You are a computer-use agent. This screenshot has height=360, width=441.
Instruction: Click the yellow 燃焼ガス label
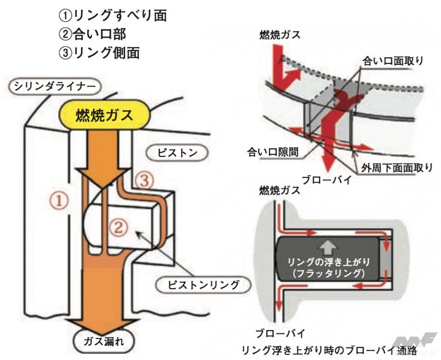click(104, 115)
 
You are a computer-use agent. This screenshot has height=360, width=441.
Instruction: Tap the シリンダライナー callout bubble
click(55, 86)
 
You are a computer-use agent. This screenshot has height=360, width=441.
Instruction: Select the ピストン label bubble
click(177, 153)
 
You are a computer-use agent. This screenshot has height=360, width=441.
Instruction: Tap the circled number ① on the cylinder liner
click(60, 200)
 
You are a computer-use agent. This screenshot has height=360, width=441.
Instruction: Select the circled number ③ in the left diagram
click(144, 181)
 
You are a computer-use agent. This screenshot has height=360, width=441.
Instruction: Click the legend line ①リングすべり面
click(112, 15)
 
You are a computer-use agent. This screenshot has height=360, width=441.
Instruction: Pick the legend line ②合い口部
click(92, 34)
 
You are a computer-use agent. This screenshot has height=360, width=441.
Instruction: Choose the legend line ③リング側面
click(99, 53)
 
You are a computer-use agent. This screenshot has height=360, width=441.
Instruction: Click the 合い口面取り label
click(393, 61)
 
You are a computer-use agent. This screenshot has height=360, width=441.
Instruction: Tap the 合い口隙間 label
click(273, 152)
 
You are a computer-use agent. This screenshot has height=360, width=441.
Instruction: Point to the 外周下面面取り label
click(397, 168)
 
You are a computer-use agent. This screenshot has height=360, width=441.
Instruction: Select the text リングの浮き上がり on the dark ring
click(328, 262)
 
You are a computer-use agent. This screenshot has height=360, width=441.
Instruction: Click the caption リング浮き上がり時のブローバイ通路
click(329, 351)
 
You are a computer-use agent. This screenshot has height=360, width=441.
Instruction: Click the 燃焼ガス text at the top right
click(280, 35)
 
